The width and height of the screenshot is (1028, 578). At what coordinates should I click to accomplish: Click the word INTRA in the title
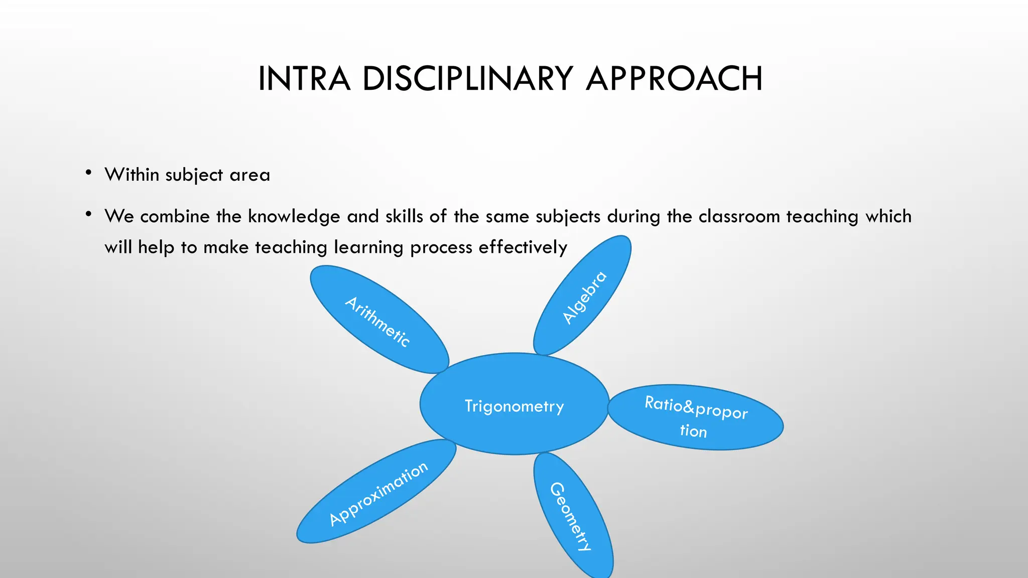[304, 79]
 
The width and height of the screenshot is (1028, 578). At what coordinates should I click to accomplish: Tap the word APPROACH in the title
[674, 79]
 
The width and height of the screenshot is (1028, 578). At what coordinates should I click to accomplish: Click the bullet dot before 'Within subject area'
[88, 174]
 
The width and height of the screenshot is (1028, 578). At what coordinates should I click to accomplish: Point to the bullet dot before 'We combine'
[88, 215]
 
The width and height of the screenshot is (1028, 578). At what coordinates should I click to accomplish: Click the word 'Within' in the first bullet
[132, 175]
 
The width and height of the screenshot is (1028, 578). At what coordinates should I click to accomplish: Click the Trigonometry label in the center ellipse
[514, 405]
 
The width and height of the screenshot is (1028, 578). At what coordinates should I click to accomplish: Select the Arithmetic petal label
[378, 321]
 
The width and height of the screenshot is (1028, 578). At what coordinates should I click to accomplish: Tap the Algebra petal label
[584, 298]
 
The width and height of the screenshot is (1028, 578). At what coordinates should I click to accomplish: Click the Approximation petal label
[378, 493]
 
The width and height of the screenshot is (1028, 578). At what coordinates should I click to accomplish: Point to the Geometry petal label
[571, 517]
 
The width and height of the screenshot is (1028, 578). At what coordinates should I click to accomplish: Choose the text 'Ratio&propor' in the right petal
[696, 407]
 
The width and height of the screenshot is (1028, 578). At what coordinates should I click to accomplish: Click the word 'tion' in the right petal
[693, 430]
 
